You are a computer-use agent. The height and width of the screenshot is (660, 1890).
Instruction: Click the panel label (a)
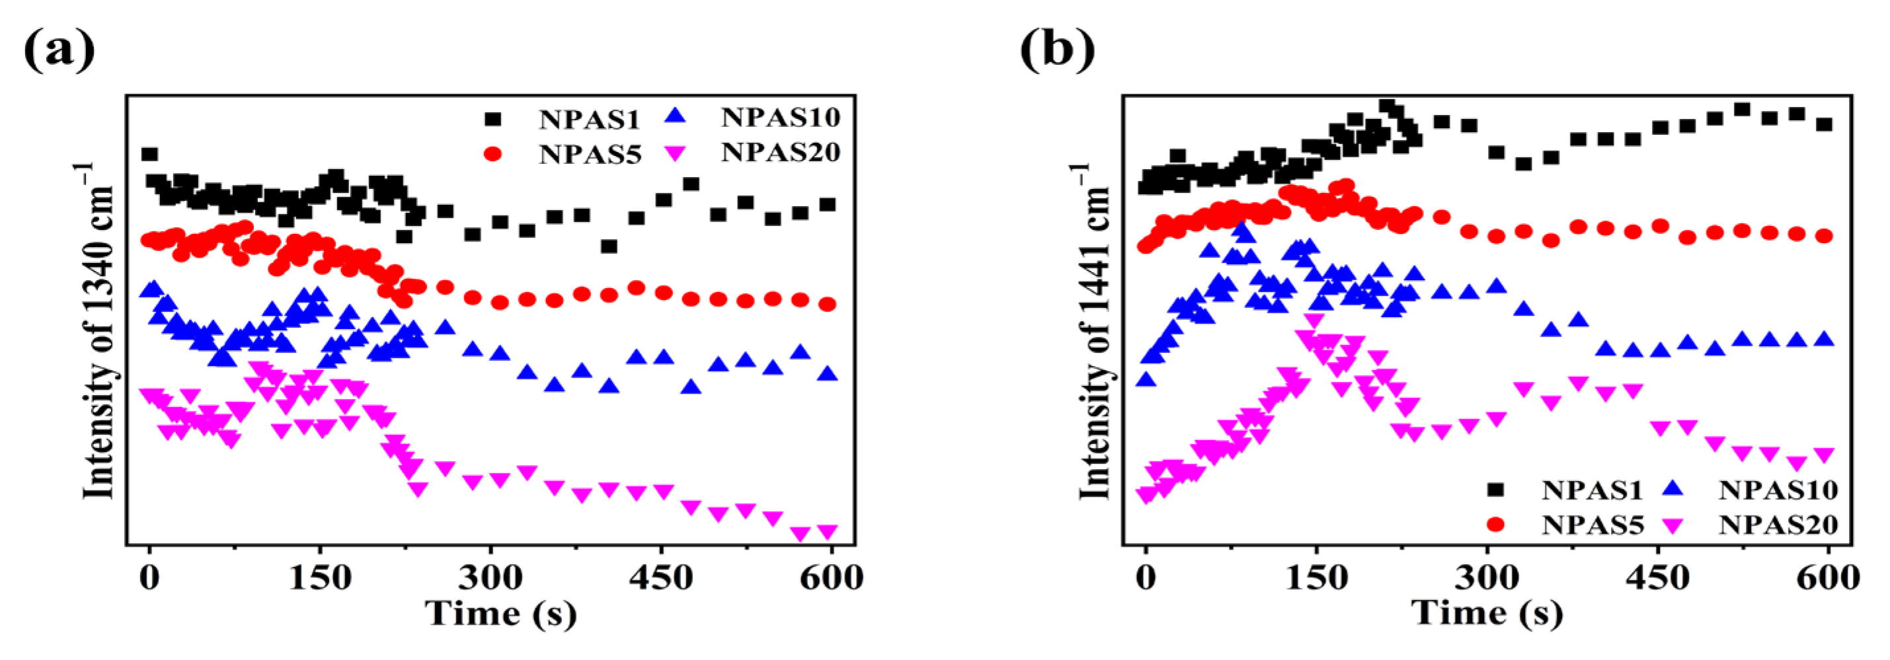pyautogui.click(x=59, y=50)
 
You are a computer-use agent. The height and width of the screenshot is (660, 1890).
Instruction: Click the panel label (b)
pyautogui.click(x=1056, y=50)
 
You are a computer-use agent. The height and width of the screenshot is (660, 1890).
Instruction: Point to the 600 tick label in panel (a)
pyautogui.click(x=830, y=579)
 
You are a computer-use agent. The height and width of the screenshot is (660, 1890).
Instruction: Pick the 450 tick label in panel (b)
pyautogui.click(x=1657, y=579)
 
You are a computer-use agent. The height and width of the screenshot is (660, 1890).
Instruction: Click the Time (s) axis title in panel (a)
pyautogui.click(x=501, y=613)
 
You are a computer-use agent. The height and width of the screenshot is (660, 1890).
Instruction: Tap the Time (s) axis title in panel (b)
pyautogui.click(x=1487, y=613)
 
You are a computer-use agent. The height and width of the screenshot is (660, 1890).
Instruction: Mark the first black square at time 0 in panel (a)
pyautogui.click(x=149, y=154)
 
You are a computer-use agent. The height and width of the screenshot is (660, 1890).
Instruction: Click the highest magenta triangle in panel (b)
pyautogui.click(x=1315, y=320)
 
